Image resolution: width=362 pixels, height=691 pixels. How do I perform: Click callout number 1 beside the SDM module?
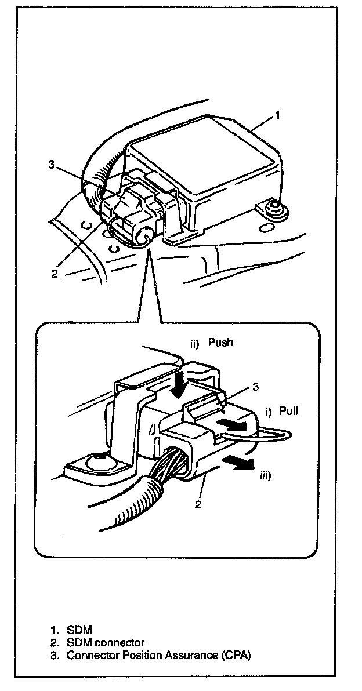[278, 115]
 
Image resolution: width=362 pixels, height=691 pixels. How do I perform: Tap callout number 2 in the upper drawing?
[55, 274]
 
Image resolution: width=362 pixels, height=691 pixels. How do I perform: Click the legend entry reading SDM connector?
[105, 642]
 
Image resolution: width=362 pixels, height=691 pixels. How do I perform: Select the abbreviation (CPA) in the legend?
[235, 656]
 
